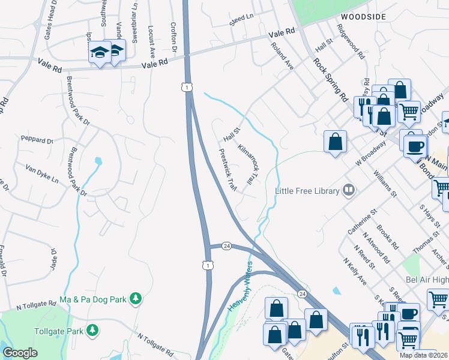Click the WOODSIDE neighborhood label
point(363,17)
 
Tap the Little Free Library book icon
point(348,191)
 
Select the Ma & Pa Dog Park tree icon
point(136,298)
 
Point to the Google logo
point(20,353)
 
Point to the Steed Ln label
point(241,22)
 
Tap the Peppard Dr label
point(37,140)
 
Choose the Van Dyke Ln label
point(42,176)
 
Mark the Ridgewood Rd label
point(351,41)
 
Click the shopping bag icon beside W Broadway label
point(335,143)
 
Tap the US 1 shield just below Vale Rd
point(188,88)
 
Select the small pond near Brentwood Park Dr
point(98,161)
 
